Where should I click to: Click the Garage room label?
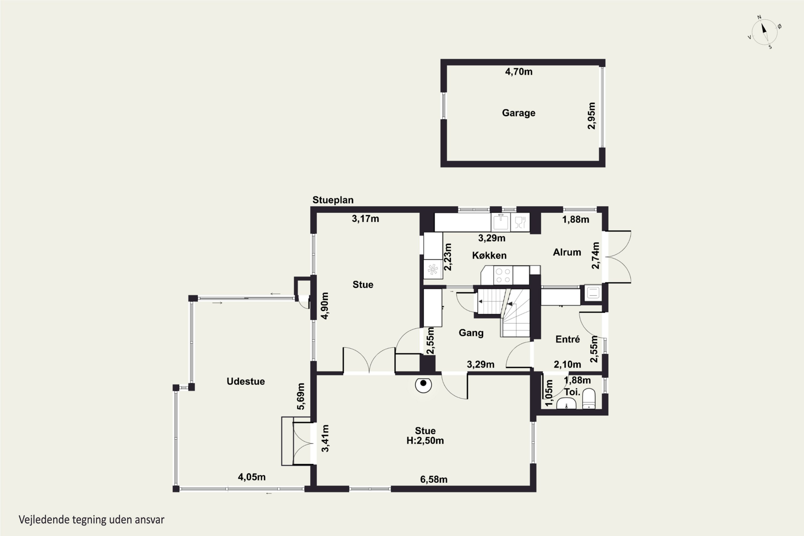[519, 113]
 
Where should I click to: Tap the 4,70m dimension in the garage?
[519, 72]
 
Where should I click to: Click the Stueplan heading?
[333, 200]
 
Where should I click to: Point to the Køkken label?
[489, 255]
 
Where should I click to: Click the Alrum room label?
[567, 252]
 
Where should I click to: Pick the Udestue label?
[246, 381]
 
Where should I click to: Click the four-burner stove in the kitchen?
[503, 276]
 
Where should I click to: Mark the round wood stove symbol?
[423, 385]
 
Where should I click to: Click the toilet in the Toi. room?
[589, 399]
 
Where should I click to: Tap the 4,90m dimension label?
[325, 306]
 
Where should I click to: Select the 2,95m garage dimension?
[591, 116]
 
